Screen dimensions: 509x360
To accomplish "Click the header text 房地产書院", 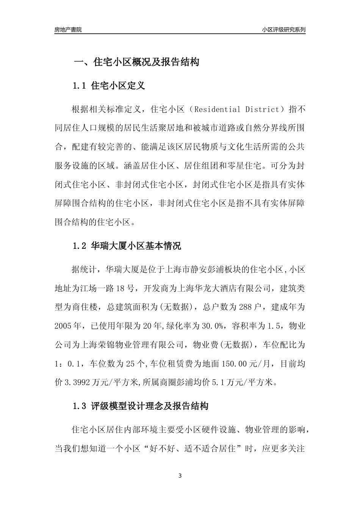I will (x=68, y=30).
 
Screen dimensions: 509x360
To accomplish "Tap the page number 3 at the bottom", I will (x=180, y=476).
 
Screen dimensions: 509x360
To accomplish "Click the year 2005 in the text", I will (x=63, y=326).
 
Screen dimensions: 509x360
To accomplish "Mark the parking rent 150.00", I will (x=235, y=364).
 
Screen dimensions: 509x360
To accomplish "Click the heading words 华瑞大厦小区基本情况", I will (x=136, y=246).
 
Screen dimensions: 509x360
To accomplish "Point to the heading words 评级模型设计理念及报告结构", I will (x=150, y=407).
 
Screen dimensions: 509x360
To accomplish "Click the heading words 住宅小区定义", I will (x=118, y=86).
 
